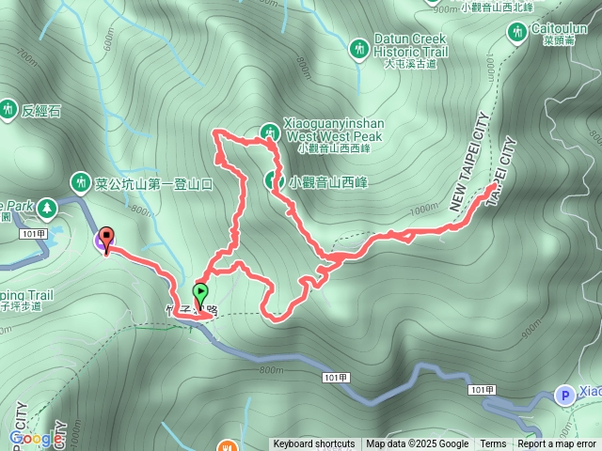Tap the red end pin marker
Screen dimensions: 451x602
(x=106, y=239)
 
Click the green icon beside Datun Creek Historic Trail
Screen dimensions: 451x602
(x=358, y=47)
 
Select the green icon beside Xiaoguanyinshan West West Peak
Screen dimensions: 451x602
(x=270, y=132)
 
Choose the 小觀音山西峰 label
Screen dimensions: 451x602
(x=329, y=180)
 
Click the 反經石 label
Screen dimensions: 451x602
(x=43, y=111)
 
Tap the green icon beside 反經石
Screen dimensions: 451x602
(x=8, y=109)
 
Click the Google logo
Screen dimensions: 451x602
(x=36, y=438)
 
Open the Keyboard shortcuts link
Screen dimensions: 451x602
(x=313, y=444)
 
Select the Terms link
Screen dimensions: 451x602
(x=493, y=444)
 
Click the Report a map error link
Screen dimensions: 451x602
(x=558, y=444)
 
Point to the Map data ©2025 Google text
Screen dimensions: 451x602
(x=418, y=444)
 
